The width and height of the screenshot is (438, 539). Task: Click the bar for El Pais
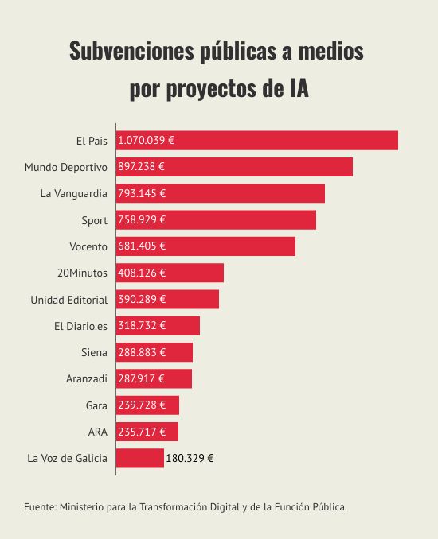click(256, 141)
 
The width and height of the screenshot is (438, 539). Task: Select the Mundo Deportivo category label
click(66, 167)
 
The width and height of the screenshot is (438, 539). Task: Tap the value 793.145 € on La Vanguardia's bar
click(142, 193)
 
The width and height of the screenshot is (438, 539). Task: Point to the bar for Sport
click(216, 220)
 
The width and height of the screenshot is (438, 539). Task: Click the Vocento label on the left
click(88, 246)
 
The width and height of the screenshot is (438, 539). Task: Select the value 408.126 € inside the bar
click(142, 273)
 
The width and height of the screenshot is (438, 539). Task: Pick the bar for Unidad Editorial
click(167, 300)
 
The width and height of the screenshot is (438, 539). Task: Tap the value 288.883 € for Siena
click(142, 352)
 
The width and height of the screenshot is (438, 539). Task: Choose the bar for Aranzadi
click(154, 378)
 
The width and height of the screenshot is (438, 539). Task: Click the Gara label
click(96, 405)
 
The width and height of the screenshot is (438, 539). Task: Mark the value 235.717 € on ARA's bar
click(142, 432)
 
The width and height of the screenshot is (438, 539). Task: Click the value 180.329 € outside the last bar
click(190, 458)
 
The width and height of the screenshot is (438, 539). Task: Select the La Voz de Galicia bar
click(139, 458)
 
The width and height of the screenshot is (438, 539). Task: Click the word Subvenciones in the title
click(127, 52)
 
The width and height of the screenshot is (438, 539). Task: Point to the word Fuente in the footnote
click(39, 506)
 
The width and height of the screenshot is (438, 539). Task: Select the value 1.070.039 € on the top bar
click(147, 141)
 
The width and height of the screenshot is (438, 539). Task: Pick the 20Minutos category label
click(82, 273)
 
